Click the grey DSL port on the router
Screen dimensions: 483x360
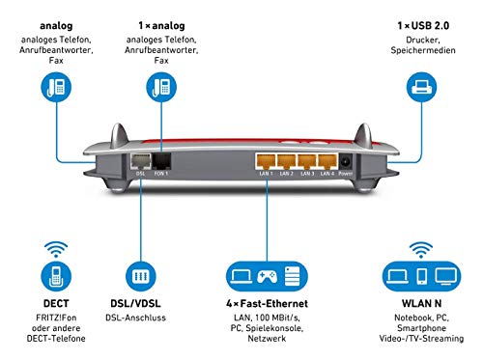(141, 161)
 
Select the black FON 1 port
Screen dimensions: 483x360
(161, 161)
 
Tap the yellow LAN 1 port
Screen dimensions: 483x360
(266, 161)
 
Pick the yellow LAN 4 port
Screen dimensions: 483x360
(327, 161)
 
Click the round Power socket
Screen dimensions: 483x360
(346, 161)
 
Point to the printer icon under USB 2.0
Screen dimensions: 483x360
(421, 87)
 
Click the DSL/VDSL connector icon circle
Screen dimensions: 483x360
(141, 276)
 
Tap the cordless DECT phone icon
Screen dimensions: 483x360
(56, 276)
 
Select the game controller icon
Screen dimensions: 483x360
(267, 276)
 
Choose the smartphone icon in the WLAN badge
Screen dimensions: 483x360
(422, 276)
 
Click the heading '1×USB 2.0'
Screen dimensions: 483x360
(423, 26)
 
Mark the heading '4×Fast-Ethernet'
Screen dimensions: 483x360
(267, 303)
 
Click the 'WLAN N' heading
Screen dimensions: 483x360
(421, 303)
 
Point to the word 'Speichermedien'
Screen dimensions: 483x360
(423, 50)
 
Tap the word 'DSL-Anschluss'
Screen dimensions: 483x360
(135, 318)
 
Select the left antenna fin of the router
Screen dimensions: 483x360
(120, 136)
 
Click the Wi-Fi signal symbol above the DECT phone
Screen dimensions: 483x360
(56, 249)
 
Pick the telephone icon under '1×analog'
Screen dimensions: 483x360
(161, 87)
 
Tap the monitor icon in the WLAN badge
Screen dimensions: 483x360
(446, 276)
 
